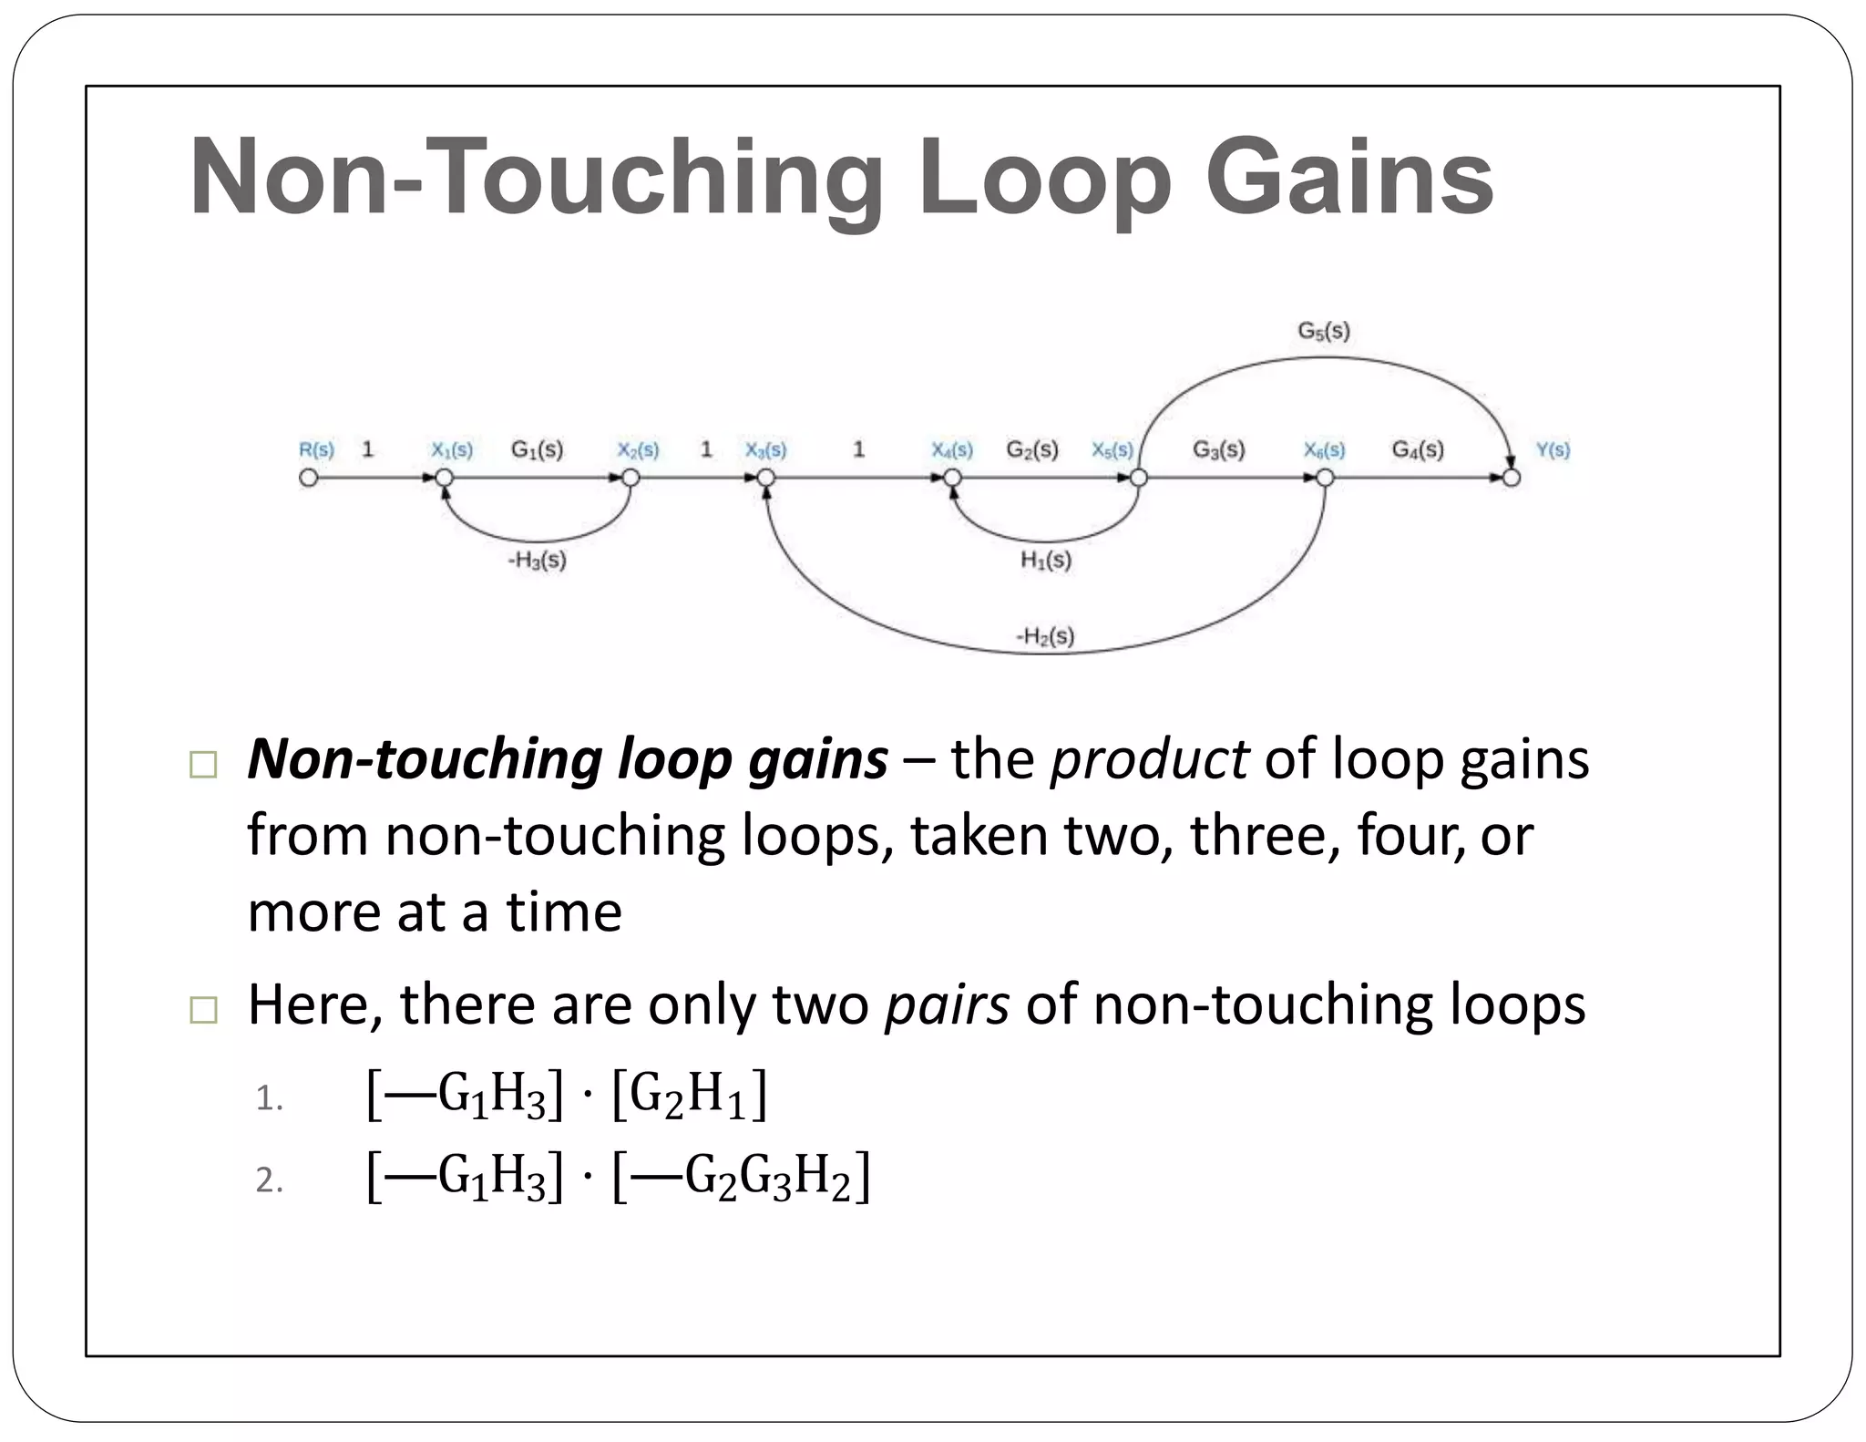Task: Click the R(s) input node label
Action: click(x=316, y=449)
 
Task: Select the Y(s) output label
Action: click(x=1553, y=449)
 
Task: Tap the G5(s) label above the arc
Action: click(x=1323, y=331)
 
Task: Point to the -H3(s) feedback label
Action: click(x=537, y=560)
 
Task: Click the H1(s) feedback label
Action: click(x=1045, y=560)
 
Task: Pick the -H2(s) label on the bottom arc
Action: click(x=1045, y=636)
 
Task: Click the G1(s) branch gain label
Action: click(x=537, y=449)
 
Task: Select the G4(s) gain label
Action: click(x=1418, y=449)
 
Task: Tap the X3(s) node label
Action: click(x=765, y=449)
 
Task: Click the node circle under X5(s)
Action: click(x=1137, y=478)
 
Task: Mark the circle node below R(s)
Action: click(x=309, y=478)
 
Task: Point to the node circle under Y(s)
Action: click(x=1512, y=478)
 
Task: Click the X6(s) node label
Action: click(x=1324, y=449)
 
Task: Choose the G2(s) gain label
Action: click(x=1032, y=449)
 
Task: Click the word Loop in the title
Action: click(x=1044, y=178)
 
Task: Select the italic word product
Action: click(x=1149, y=759)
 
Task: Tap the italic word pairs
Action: click(x=947, y=1004)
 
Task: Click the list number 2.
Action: click(x=269, y=1180)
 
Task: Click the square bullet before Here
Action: click(x=203, y=1010)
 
